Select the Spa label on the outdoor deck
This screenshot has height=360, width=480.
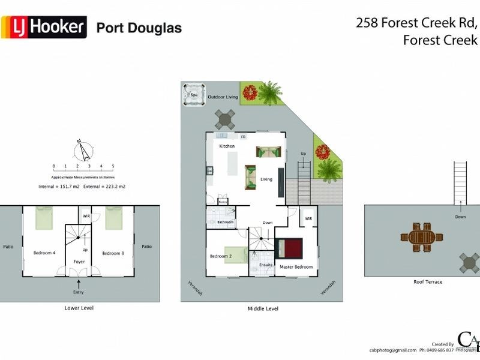(x=194, y=95)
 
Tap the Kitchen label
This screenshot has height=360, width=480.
(x=227, y=146)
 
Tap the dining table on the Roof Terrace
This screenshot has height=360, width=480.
(x=421, y=238)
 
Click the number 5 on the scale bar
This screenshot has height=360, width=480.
(x=113, y=166)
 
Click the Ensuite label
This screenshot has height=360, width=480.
(x=266, y=265)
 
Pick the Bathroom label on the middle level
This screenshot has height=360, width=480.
(x=226, y=223)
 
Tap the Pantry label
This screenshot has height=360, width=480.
(x=223, y=202)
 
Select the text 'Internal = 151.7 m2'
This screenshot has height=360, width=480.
(x=58, y=187)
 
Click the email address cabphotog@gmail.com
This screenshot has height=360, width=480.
(x=393, y=350)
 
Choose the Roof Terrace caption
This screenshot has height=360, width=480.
(x=428, y=281)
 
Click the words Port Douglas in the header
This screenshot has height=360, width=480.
(x=139, y=28)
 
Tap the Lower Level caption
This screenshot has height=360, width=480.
(x=79, y=308)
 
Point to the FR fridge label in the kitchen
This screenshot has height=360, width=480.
(x=243, y=137)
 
